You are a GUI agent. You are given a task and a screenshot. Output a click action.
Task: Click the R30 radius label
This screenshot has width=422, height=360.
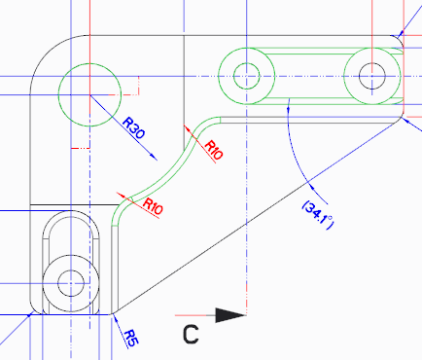[x=134, y=127]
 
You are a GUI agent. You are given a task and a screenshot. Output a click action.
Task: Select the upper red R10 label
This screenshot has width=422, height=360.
[x=213, y=150]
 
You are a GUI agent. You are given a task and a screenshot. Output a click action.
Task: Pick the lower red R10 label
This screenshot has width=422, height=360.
[x=153, y=206]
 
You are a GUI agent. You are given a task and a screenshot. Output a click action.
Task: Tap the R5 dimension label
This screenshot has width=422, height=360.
[x=131, y=338]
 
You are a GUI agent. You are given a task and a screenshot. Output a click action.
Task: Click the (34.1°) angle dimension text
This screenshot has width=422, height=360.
[x=318, y=215]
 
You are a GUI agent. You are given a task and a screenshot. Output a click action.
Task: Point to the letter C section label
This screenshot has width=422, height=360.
[x=191, y=335]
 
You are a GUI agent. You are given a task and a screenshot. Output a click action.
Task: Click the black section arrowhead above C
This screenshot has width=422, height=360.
[x=230, y=315]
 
